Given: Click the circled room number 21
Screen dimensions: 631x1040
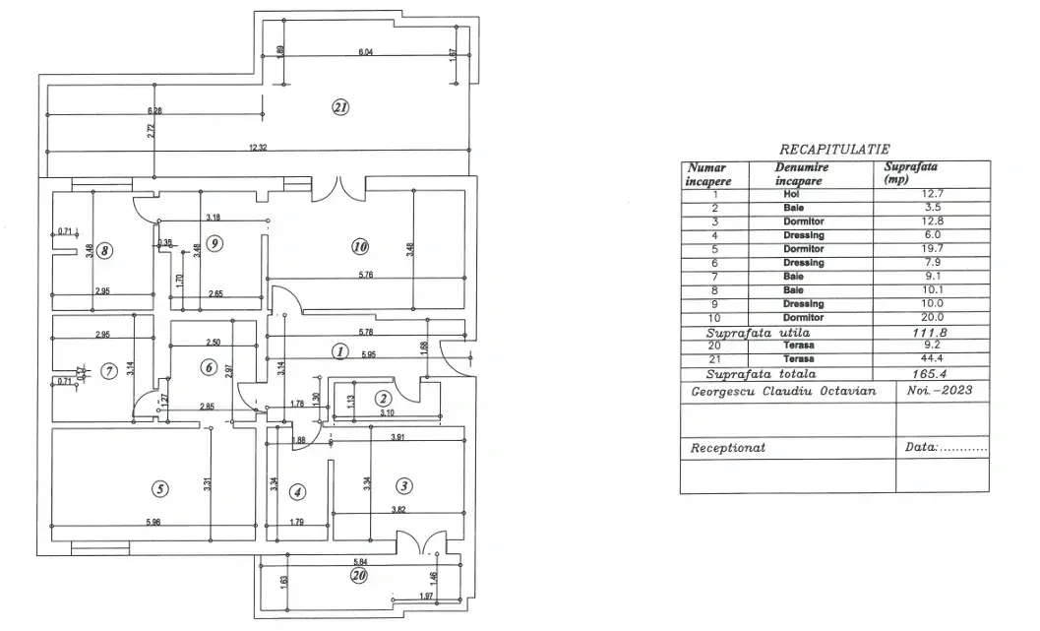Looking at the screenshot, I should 340,108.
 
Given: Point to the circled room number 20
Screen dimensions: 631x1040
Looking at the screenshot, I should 359,576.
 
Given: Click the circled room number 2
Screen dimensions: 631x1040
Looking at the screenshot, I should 382,398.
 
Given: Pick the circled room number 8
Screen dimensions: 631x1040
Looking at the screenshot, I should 105,250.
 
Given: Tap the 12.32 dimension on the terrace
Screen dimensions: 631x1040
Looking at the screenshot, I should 258,147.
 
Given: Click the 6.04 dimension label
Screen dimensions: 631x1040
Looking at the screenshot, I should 366,51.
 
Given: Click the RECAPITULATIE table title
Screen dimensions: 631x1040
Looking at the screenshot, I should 833,149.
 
